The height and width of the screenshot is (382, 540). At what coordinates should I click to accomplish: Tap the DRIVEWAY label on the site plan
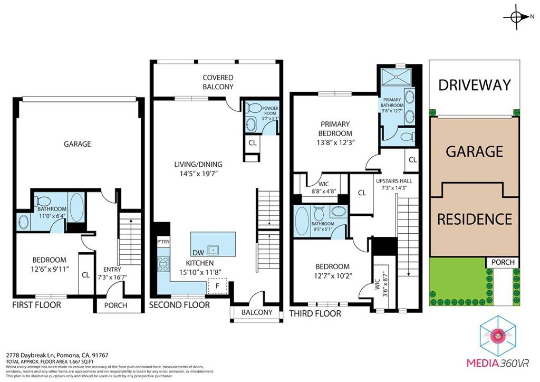coord(474,84)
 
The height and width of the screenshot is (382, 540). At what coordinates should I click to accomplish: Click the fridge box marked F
coord(216,286)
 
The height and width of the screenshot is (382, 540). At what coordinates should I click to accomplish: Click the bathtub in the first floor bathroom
coord(76,208)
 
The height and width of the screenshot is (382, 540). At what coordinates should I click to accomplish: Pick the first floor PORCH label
coord(119,305)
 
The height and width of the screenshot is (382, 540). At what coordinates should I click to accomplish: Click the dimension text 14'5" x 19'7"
coord(199,173)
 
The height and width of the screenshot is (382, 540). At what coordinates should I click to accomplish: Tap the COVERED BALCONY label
coord(218,82)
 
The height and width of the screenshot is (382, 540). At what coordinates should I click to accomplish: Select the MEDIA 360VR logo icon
coord(498,335)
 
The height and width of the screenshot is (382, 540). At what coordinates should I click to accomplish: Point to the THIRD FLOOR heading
coord(315,313)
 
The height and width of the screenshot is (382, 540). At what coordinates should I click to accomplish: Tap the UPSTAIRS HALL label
coord(394,180)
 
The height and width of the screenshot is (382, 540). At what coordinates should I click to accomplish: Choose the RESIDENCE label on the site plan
coord(474,218)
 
